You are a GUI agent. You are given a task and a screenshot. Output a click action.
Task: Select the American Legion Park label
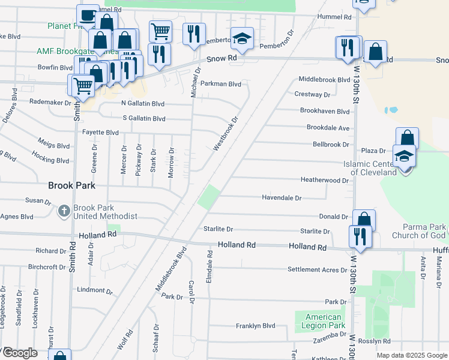point(323,321)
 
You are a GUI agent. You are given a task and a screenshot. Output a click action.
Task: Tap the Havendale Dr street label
point(282,197)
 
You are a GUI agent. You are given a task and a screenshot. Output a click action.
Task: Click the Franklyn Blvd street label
point(255,326)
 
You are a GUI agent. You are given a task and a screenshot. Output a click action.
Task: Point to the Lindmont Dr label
point(91,290)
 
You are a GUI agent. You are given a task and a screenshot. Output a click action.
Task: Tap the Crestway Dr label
point(312,94)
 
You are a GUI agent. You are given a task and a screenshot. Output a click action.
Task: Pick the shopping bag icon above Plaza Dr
point(407,139)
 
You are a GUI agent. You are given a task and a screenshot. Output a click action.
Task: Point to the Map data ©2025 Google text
point(412,355)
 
